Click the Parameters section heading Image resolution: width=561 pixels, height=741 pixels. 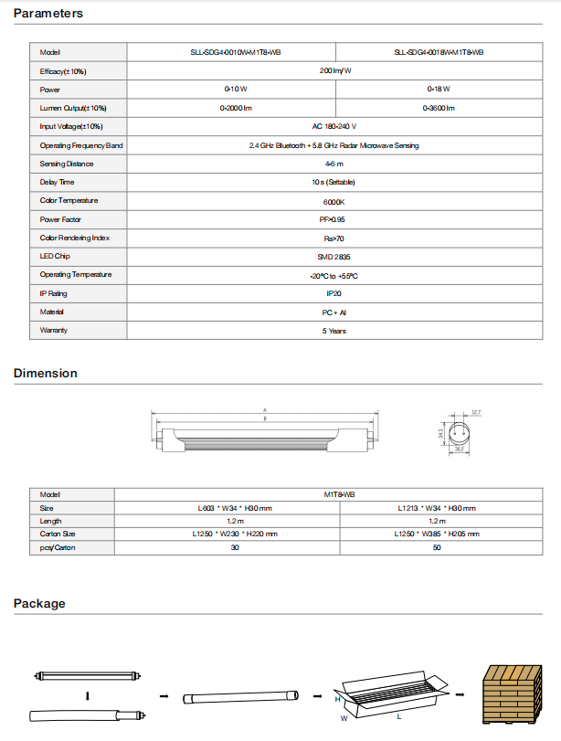pyautogui.click(x=48, y=14)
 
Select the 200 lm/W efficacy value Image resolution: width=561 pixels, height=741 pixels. pyautogui.click(x=335, y=70)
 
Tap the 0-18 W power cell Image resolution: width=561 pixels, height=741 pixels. pyautogui.click(x=439, y=90)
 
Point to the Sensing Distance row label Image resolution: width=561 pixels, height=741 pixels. pyautogui.click(x=67, y=164)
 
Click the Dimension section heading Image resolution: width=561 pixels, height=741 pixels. pyautogui.click(x=46, y=373)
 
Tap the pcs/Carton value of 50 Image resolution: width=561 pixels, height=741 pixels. pyautogui.click(x=437, y=546)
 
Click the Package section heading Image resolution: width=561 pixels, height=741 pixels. pyautogui.click(x=39, y=603)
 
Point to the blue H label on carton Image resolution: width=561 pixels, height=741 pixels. pyautogui.click(x=337, y=697)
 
